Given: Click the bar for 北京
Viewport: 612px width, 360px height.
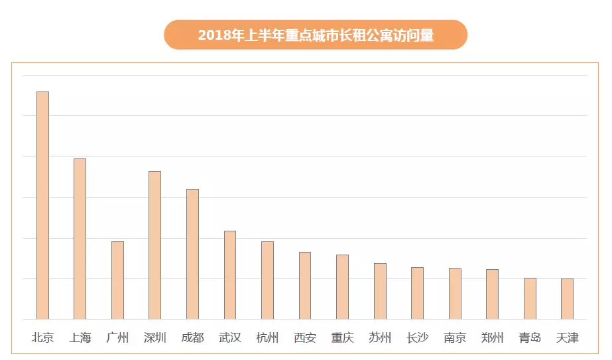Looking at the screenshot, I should [x=42, y=206].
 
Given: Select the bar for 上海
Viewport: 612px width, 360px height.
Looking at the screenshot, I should [x=80, y=239].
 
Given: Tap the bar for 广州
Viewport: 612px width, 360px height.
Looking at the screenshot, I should [x=117, y=280].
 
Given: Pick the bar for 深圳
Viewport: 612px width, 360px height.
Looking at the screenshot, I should [x=154, y=245].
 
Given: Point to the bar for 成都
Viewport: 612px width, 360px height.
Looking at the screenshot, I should [x=192, y=254].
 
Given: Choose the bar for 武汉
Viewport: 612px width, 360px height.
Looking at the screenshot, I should [x=230, y=275].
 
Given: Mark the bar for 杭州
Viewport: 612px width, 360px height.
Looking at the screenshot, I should [x=267, y=280].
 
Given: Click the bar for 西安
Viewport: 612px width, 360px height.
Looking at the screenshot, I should [x=305, y=286].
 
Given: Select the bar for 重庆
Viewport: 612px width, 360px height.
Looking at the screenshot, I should [x=342, y=287].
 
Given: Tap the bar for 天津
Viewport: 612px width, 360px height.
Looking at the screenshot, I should [x=567, y=299].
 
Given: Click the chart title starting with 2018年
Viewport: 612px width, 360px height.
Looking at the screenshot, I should [x=316, y=35].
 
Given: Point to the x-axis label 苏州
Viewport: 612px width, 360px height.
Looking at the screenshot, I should [x=380, y=337].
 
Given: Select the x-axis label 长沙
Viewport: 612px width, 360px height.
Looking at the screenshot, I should [x=417, y=337].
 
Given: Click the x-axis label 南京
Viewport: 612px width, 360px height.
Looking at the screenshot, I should [x=455, y=337].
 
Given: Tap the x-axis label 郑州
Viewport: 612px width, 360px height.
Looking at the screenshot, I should [x=492, y=337].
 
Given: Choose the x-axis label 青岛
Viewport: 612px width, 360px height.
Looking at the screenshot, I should [x=530, y=337].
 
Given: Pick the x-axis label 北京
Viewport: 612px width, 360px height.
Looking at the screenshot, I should [x=42, y=337].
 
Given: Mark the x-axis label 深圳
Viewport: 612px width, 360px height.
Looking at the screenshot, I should [x=154, y=337].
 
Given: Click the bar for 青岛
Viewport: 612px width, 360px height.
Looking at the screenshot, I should [x=530, y=298].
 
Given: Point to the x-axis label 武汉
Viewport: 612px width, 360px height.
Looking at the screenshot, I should [x=230, y=337].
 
